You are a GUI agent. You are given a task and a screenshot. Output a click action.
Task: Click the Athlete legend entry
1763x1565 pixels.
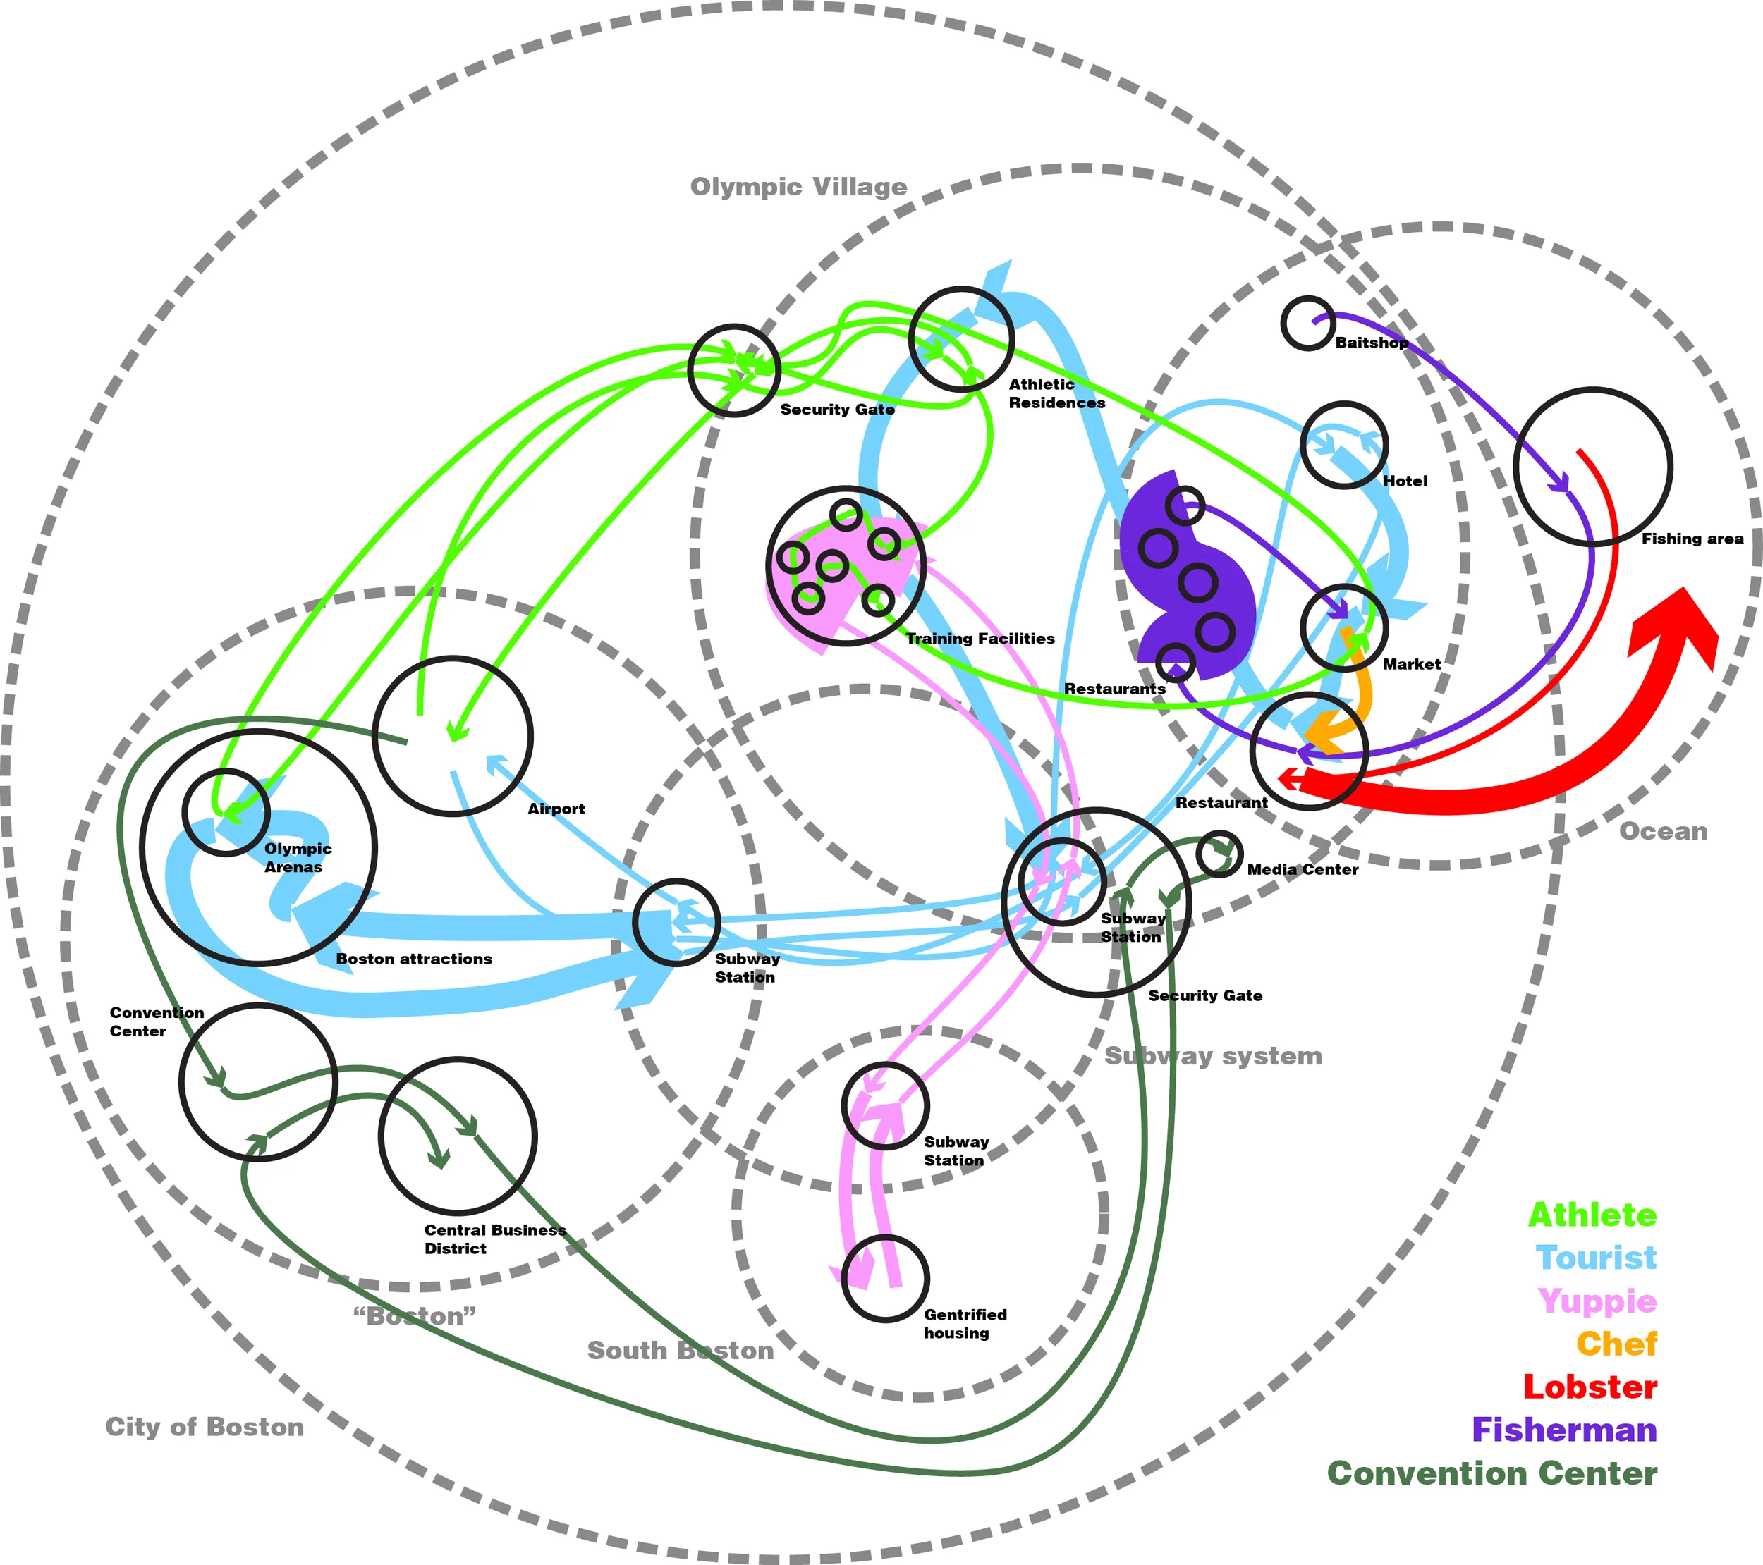click(x=1592, y=1215)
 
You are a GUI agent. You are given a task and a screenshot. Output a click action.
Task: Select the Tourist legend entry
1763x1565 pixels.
click(x=1596, y=1258)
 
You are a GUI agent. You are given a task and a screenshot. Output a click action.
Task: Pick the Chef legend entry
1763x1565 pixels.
click(x=1616, y=1344)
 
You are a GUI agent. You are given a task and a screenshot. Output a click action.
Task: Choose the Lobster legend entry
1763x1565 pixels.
click(x=1590, y=1387)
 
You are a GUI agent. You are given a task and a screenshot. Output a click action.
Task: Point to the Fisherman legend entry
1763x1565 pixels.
click(x=1563, y=1430)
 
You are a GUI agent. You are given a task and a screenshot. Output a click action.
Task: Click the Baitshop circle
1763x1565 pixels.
click(x=1307, y=324)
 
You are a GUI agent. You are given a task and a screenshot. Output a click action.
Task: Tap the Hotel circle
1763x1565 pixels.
click(x=1344, y=445)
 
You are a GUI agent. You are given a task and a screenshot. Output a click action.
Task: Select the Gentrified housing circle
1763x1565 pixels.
click(x=885, y=1278)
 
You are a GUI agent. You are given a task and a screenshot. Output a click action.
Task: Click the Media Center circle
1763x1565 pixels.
click(x=1219, y=854)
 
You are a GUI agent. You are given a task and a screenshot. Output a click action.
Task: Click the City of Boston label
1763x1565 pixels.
click(x=205, y=1427)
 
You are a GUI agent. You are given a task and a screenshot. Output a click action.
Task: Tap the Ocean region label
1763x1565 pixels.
click(x=1662, y=831)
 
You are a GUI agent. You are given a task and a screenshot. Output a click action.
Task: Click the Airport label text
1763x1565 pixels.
click(x=556, y=809)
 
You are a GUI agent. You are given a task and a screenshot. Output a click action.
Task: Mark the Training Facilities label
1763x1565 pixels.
click(x=980, y=639)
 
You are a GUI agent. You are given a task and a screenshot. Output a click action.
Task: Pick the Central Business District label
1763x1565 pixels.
click(x=494, y=1239)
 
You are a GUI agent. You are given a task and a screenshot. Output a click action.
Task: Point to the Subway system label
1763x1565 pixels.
click(x=1213, y=1056)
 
